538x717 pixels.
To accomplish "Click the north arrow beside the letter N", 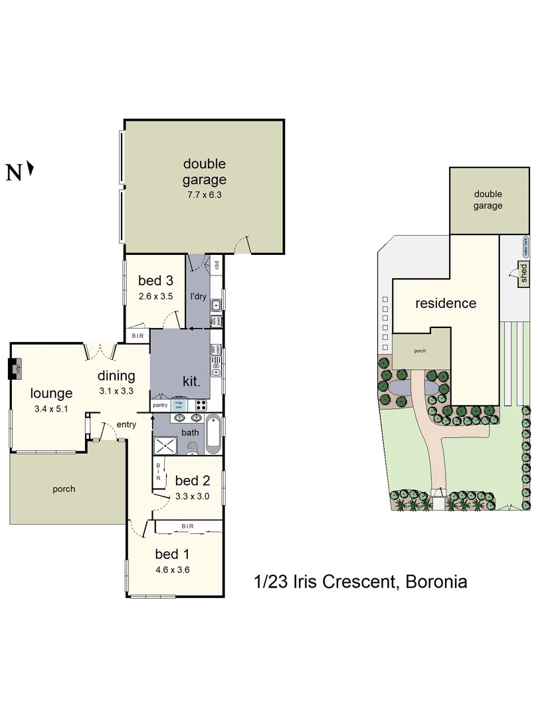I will [30, 171].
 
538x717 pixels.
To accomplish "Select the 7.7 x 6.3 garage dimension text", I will [205, 195].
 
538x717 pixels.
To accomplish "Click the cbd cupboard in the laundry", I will [217, 266].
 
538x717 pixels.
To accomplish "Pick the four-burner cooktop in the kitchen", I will [201, 404].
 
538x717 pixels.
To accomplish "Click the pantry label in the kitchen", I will [160, 404].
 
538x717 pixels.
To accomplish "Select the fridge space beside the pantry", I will [179, 404].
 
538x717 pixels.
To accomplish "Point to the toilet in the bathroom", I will [191, 449].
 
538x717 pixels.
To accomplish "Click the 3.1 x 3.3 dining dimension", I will [117, 391].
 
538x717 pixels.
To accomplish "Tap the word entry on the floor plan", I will [126, 424].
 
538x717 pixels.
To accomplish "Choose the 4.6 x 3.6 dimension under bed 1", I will [173, 570].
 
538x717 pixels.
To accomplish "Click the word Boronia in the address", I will [434, 582].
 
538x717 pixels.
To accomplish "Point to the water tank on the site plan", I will [525, 246].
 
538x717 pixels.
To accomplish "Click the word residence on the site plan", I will [445, 303].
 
